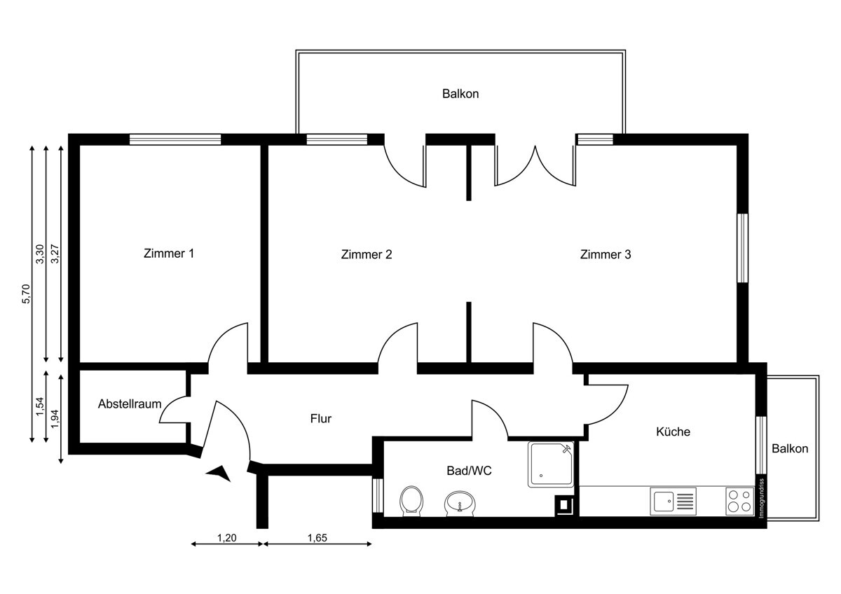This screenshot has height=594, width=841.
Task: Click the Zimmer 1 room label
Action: click(168, 254)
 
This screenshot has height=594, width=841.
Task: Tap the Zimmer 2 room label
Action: click(366, 254)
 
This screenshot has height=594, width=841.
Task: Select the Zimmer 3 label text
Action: click(606, 254)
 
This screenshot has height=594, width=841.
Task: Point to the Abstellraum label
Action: click(130, 404)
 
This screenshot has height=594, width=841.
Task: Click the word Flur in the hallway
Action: click(320, 419)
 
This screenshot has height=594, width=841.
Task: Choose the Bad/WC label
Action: click(469, 471)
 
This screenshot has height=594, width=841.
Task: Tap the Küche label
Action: click(673, 431)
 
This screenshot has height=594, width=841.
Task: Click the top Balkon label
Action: click(460, 93)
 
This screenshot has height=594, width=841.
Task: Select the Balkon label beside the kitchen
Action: click(790, 449)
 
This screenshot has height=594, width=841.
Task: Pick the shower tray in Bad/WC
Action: click(552, 464)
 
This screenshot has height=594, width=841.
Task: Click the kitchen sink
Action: click(673, 502)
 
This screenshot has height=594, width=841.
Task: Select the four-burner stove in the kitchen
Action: click(738, 502)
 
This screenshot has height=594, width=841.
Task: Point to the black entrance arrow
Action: click(219, 474)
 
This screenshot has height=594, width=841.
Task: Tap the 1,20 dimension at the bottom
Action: click(226, 538)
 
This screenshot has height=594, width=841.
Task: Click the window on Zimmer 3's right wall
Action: click(742, 248)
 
